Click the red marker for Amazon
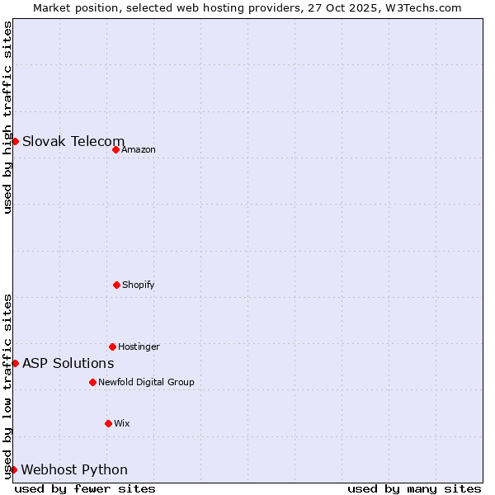(115, 149)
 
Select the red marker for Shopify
(116, 285)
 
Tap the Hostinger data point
(112, 346)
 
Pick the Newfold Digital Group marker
(92, 382)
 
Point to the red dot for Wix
(108, 423)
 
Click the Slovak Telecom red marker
(15, 141)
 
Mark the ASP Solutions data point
(15, 363)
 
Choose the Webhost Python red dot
(13, 469)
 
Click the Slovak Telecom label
(73, 141)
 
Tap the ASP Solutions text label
(68, 363)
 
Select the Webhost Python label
(74, 469)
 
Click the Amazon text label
(139, 149)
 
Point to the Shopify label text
(139, 285)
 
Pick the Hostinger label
(139, 346)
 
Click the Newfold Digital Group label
(146, 382)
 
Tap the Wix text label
(122, 423)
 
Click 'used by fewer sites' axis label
(85, 488)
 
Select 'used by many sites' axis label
(414, 488)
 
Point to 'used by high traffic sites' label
(7, 117)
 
